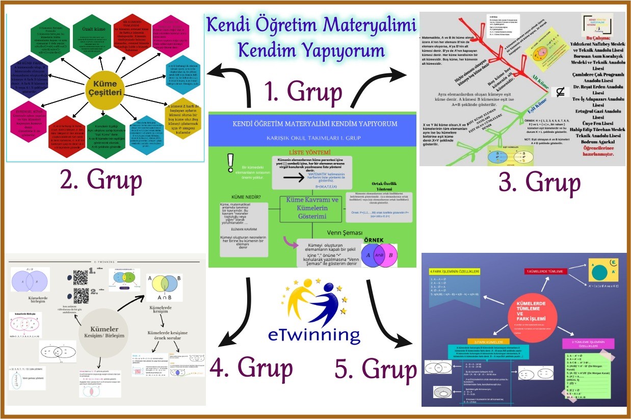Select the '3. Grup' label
[539, 182]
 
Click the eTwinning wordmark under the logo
[314, 334]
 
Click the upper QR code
[81, 277]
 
